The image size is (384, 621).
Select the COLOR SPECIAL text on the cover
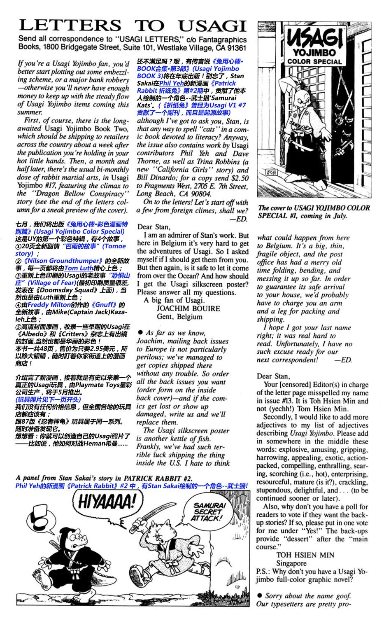pyautogui.click(x=314, y=61)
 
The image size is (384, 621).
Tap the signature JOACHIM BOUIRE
pyautogui.click(x=188, y=308)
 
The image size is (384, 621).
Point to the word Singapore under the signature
pyautogui.click(x=291, y=563)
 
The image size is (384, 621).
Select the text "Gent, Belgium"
pyautogui.click(x=179, y=317)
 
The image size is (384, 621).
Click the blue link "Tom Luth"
pyautogui.click(x=79, y=268)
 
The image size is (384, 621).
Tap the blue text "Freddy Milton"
pyautogui.click(x=45, y=305)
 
